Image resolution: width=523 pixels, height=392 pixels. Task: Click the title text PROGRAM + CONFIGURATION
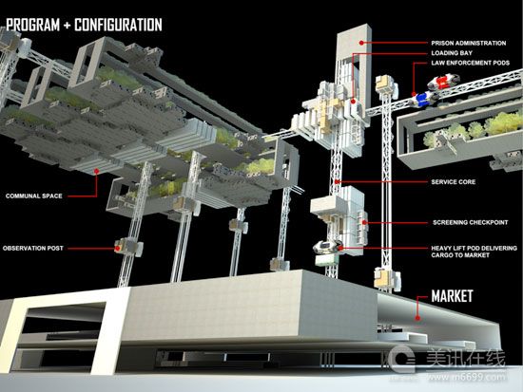click(84, 25)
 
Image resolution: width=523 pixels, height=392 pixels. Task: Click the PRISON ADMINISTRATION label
click(468, 43)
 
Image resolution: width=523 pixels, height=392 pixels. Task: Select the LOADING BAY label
click(452, 53)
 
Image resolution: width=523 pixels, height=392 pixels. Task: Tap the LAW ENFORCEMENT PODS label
click(471, 63)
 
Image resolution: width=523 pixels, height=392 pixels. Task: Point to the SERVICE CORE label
click(454, 182)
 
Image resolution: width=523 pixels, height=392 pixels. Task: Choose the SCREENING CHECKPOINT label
click(471, 222)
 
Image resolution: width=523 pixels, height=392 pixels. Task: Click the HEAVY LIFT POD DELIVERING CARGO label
click(474, 252)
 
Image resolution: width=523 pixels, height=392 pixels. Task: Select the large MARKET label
click(452, 296)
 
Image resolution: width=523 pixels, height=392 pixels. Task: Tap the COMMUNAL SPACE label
click(34, 196)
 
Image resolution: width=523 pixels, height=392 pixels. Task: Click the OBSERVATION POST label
click(33, 248)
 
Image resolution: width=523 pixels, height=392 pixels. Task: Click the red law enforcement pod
click(443, 83)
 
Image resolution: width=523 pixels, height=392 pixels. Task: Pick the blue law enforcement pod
click(421, 99)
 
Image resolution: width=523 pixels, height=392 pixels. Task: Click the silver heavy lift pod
click(327, 246)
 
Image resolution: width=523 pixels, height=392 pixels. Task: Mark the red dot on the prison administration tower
click(361, 43)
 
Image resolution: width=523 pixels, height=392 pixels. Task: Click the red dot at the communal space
click(97, 171)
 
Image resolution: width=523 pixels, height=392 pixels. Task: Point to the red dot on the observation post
click(117, 248)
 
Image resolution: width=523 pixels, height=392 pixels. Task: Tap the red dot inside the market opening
click(417, 318)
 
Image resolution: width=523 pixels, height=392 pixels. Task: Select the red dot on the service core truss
click(338, 182)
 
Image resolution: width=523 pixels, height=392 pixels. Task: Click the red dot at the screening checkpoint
click(365, 222)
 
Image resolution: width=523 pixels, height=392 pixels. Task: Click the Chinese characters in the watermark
click(466, 359)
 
